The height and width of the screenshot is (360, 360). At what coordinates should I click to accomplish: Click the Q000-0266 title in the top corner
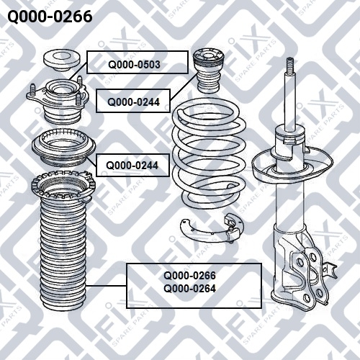50,17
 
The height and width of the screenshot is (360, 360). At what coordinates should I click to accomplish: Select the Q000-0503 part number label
134,65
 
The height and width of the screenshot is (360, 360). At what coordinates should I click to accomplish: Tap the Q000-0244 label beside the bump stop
133,102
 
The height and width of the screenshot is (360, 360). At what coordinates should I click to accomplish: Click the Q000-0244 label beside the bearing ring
132,166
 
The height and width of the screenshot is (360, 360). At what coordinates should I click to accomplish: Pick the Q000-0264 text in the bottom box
189,289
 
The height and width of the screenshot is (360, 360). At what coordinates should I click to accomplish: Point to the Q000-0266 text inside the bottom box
189,276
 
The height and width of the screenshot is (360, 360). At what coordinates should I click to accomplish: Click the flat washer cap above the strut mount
61,60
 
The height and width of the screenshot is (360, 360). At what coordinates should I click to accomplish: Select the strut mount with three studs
57,100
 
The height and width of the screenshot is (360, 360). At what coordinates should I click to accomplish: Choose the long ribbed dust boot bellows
63,252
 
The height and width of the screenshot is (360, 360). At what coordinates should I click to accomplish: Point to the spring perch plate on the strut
292,166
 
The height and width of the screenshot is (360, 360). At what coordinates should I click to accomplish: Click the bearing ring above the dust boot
63,148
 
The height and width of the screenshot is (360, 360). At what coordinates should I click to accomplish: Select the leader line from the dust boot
107,286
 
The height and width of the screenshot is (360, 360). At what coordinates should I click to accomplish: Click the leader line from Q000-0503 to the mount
78,71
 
